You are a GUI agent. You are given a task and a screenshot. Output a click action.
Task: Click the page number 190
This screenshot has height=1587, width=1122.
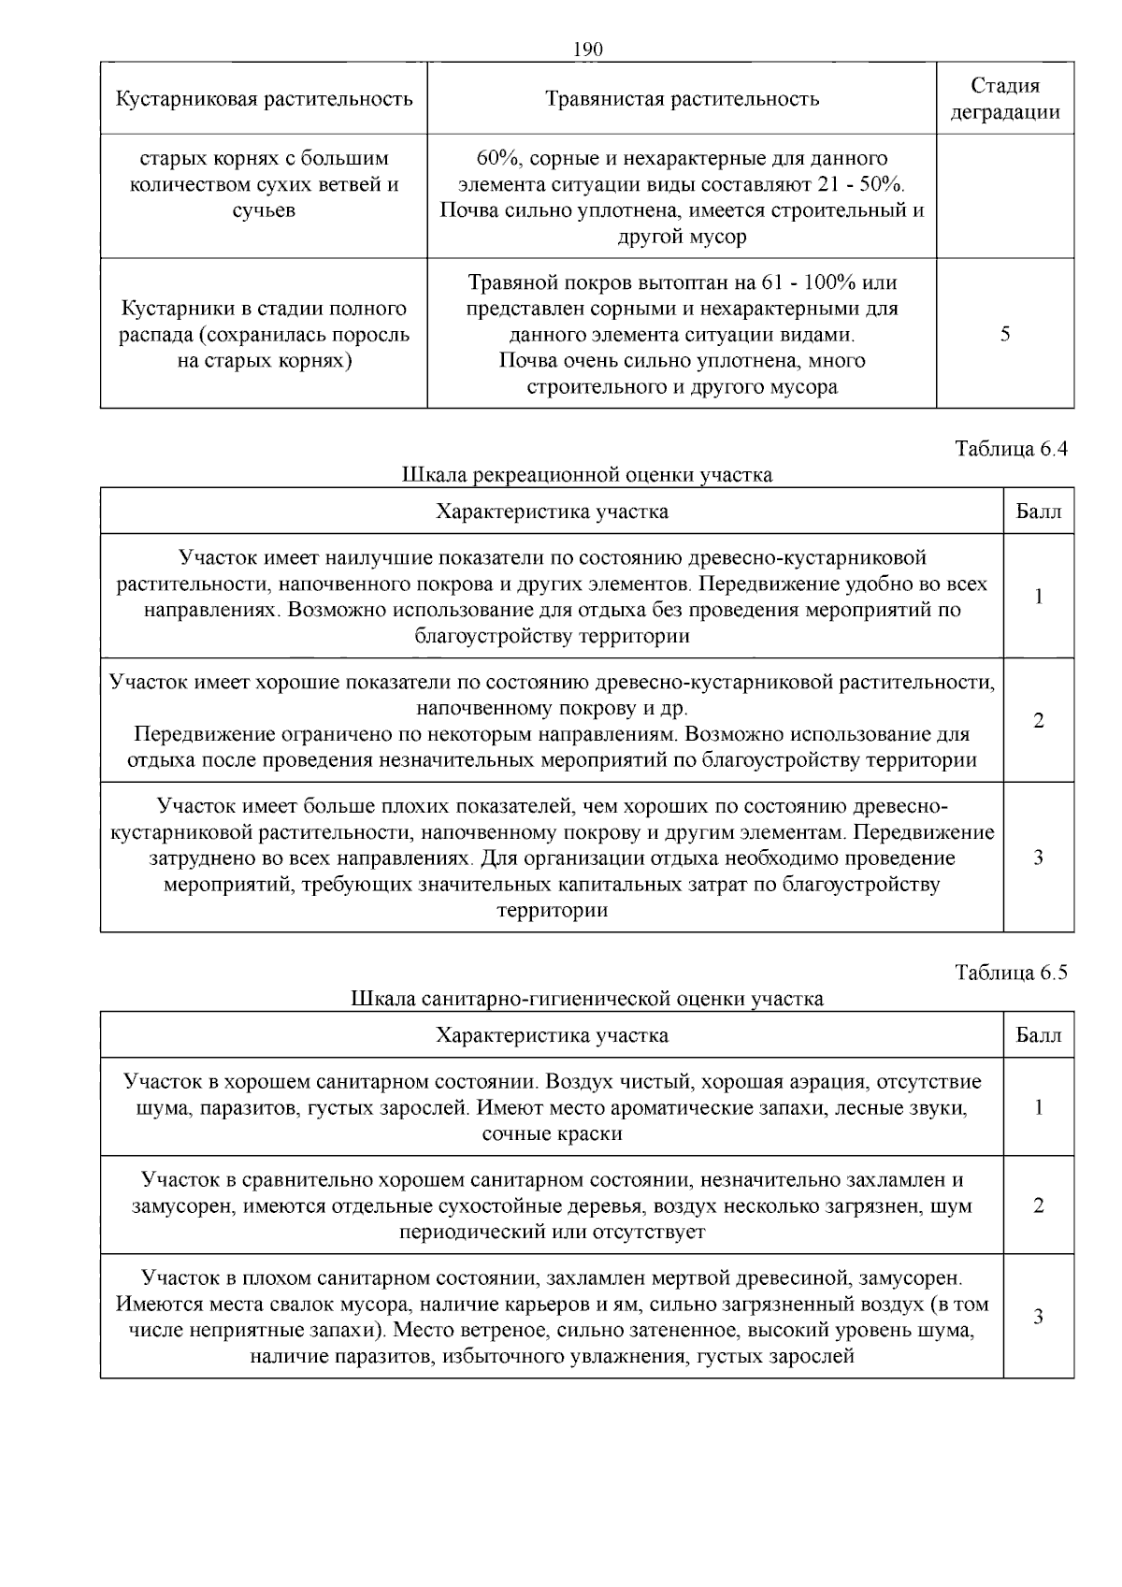coord(587,50)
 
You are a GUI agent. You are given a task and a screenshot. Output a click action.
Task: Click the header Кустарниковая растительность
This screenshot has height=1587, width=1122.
coord(264,99)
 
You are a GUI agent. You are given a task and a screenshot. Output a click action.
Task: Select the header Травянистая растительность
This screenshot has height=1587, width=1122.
coord(682,99)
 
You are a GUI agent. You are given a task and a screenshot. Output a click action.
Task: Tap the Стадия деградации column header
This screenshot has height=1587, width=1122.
coord(1005,99)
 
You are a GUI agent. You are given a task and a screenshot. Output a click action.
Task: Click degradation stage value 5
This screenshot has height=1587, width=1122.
coord(1005,334)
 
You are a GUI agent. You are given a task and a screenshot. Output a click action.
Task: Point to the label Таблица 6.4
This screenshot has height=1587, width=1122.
coord(1011,449)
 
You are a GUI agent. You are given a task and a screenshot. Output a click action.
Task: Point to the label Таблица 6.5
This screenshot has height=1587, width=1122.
coord(1011,973)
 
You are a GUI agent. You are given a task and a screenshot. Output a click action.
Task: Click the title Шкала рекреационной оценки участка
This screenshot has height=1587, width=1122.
coord(587,475)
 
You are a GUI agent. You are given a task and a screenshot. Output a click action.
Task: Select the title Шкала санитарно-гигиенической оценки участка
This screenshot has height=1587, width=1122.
coord(587,999)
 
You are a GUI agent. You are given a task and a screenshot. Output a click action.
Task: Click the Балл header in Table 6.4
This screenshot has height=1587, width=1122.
coord(1039,512)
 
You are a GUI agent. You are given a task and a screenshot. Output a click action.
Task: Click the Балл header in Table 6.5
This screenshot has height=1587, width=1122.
coord(1039,1035)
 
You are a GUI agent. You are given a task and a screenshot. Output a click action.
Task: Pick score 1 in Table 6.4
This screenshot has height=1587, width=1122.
coord(1039,597)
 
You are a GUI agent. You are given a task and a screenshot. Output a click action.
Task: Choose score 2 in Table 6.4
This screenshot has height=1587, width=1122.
coord(1039,721)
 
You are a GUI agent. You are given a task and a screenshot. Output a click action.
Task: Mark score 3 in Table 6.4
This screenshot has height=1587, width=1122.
coord(1039,858)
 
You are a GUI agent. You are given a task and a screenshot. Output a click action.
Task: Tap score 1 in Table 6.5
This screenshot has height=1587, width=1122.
coord(1039,1108)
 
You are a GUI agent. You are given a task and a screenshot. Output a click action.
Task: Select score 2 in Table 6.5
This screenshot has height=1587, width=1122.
coord(1039,1205)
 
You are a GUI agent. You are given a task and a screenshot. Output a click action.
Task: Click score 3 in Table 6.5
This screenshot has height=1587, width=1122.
coord(1039,1317)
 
